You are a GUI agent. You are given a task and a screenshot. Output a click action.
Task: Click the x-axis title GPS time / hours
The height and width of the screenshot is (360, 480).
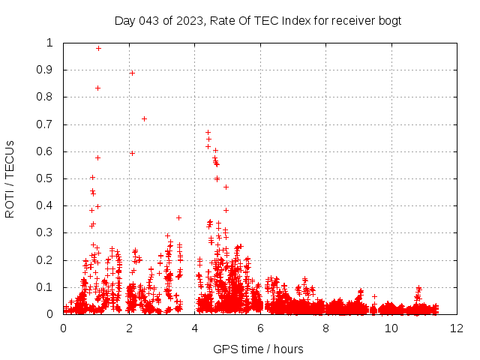(x=258, y=349)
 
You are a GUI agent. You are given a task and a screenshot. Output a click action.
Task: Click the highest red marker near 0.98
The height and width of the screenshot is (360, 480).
(x=98, y=48)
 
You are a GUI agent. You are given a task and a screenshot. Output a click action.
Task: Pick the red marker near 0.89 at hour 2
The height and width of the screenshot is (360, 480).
(x=132, y=73)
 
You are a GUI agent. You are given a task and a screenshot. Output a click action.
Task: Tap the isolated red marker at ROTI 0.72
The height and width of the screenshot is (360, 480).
(x=144, y=118)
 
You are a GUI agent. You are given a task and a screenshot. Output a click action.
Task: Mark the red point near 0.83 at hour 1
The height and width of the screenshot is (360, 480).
(x=97, y=88)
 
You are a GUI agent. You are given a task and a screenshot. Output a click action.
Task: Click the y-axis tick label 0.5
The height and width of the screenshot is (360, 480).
(x=49, y=178)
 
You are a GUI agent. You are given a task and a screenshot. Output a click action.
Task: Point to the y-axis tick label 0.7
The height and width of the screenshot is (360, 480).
(x=49, y=124)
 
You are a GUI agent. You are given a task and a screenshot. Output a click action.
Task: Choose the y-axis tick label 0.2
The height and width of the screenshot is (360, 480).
(x=49, y=260)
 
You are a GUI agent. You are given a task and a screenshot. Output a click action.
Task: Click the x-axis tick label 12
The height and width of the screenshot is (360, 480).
(x=457, y=328)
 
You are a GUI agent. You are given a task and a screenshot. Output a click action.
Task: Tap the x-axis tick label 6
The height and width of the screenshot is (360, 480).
(x=260, y=328)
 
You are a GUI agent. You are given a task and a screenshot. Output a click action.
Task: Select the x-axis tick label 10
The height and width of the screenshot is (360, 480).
(x=391, y=328)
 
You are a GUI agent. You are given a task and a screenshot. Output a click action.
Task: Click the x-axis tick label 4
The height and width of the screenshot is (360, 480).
(x=194, y=328)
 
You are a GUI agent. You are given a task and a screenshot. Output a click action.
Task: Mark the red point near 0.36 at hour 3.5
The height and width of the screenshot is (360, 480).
(x=178, y=217)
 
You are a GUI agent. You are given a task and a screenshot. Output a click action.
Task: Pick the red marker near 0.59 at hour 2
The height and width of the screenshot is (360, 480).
(x=132, y=153)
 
